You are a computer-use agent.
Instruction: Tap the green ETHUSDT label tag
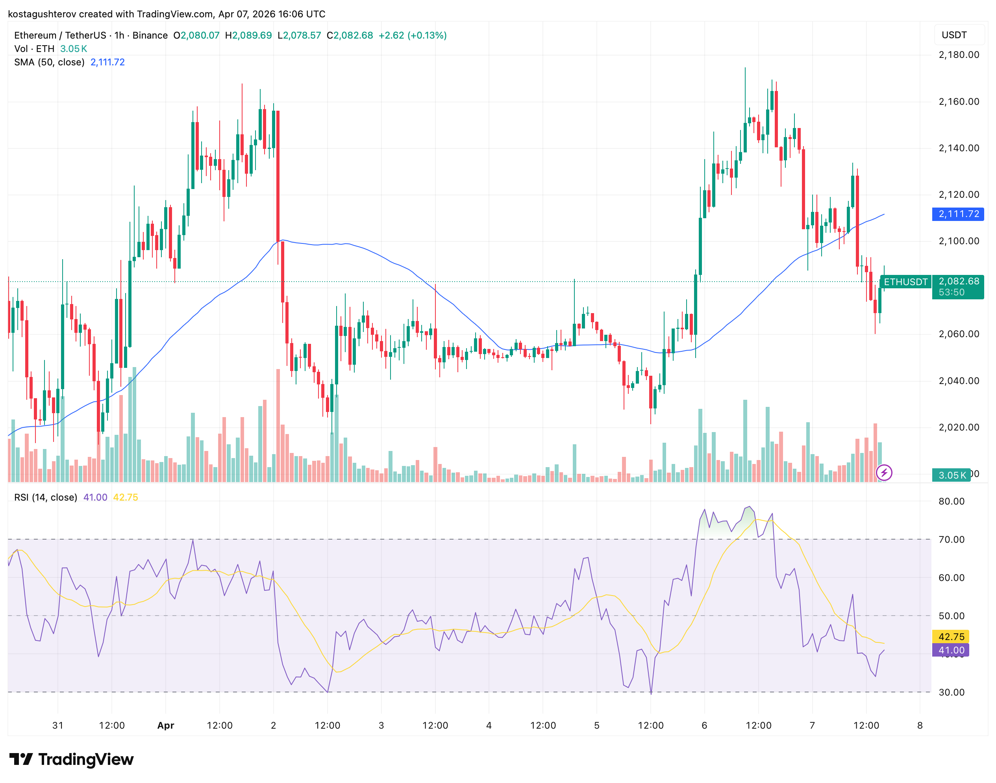[x=905, y=282]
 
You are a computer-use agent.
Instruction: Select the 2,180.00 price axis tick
[x=959, y=55]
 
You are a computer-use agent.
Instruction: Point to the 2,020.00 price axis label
[x=959, y=427]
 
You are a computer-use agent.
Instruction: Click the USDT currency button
[x=954, y=35]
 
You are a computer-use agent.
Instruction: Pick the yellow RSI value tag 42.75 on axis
[x=951, y=636]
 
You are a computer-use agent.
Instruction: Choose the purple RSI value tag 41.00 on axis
[x=951, y=650]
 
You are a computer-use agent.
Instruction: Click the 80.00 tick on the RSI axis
[x=951, y=501]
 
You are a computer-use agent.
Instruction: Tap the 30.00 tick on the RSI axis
[x=951, y=692]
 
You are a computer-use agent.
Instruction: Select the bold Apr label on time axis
[x=165, y=725]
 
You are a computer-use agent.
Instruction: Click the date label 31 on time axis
[x=58, y=725]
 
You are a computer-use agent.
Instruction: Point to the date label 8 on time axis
[x=920, y=725]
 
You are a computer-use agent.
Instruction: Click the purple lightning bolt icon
[x=884, y=472]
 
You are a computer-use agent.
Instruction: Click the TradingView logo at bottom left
[x=72, y=759]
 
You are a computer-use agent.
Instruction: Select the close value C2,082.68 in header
[x=350, y=35]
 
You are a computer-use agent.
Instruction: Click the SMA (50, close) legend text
[x=50, y=62]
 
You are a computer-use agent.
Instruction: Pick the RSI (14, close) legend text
[x=46, y=497]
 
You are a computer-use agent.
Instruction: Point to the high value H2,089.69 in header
[x=248, y=35]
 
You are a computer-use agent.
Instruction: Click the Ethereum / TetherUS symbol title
[x=60, y=35]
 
